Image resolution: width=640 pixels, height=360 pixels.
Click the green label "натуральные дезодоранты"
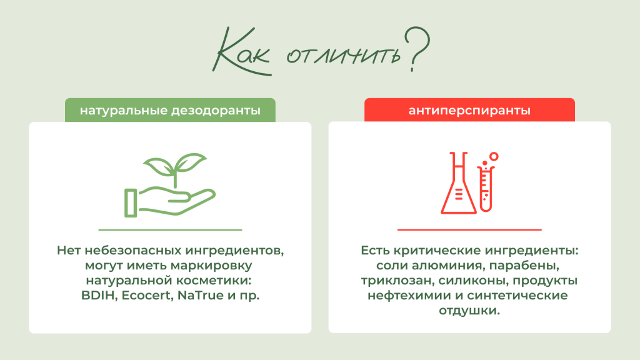tap(170, 111)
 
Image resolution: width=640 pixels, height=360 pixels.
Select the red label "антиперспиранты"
tap(469, 111)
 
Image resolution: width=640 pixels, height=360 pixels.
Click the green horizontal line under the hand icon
tap(170, 230)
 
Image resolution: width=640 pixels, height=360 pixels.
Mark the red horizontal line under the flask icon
tap(469, 230)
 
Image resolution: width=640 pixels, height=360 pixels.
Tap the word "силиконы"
tap(459, 281)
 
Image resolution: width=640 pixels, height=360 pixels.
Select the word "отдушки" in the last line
tap(469, 311)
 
